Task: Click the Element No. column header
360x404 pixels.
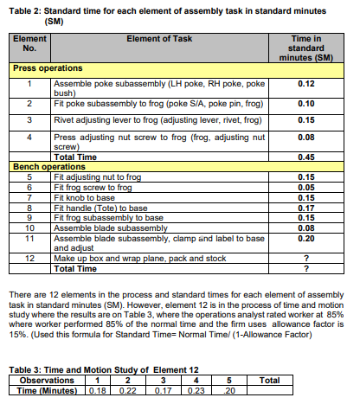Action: coord(29,43)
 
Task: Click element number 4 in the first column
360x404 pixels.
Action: coord(29,136)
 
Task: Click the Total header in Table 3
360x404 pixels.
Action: coord(268,380)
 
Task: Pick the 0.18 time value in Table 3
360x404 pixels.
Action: coord(100,390)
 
